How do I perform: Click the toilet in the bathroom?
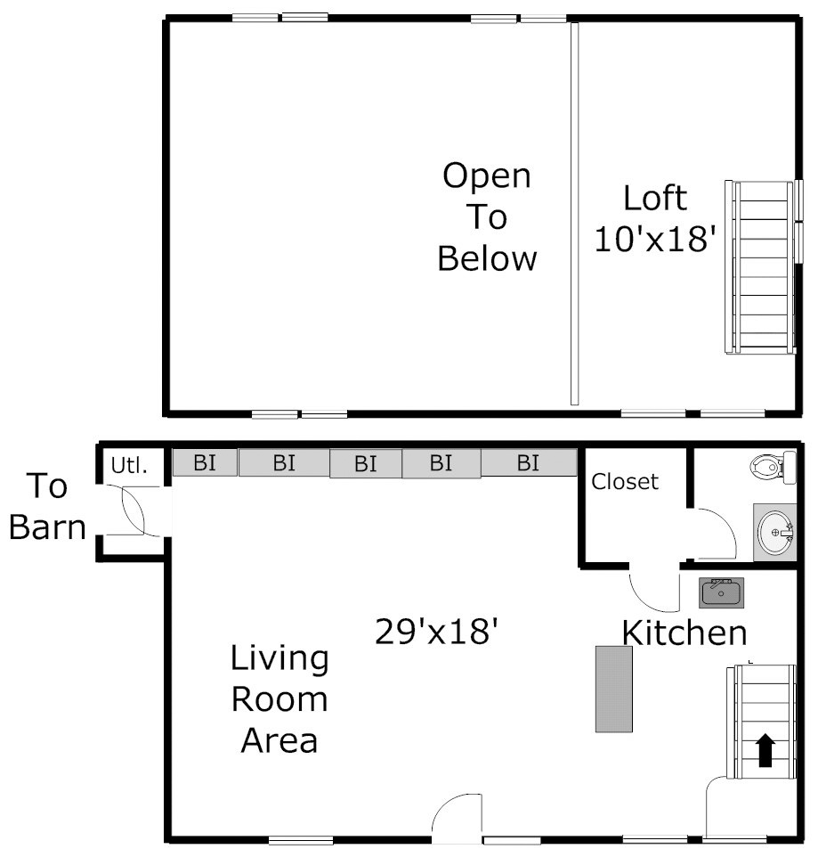(773, 466)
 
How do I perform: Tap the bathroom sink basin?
(774, 532)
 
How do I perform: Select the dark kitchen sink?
(722, 592)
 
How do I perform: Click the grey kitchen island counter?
(614, 689)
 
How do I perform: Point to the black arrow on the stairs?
(765, 750)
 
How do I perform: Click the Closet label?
(625, 481)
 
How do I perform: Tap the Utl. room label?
(129, 465)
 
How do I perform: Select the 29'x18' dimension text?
(436, 631)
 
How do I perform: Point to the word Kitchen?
(684, 633)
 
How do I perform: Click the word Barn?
(47, 527)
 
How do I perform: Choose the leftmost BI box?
(205, 462)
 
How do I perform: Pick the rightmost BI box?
(529, 462)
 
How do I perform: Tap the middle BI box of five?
(366, 463)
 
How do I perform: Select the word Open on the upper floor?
(487, 176)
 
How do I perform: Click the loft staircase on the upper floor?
(761, 267)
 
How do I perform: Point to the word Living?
(279, 658)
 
